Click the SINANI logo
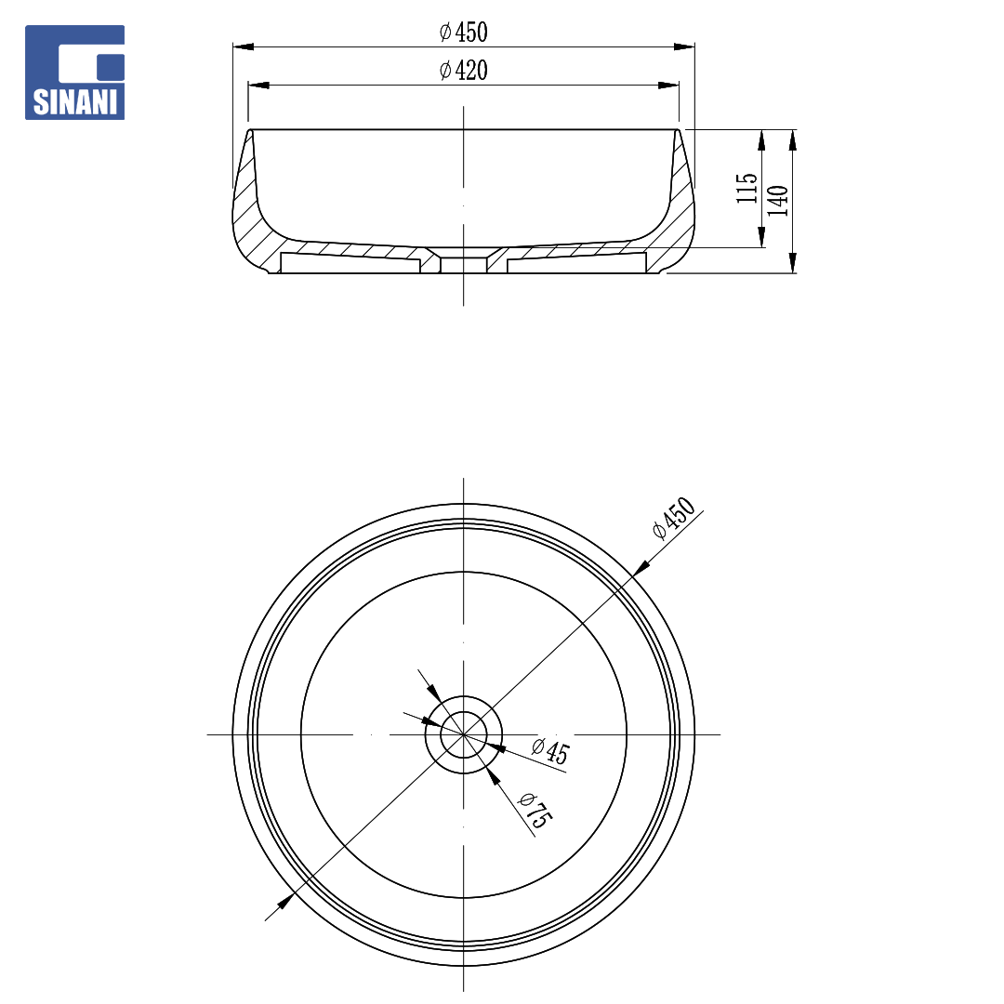[x=75, y=73]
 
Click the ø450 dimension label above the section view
[x=464, y=32]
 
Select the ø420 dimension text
[x=464, y=71]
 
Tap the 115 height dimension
[x=746, y=188]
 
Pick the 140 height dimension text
[x=777, y=201]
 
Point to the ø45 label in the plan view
[x=550, y=750]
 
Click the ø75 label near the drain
[x=534, y=811]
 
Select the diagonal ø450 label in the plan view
[x=674, y=518]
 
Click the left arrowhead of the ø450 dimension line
[x=244, y=46]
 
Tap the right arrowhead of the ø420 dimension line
[x=668, y=86]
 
